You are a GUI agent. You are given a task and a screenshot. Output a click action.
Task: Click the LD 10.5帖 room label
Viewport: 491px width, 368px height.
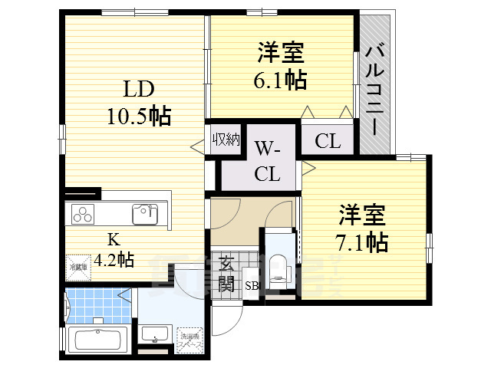coord(138,103)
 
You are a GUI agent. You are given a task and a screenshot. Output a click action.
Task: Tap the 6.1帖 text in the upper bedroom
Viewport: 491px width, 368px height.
coord(280,78)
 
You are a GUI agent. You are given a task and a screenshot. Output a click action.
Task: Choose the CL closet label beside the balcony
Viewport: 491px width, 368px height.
coord(327,141)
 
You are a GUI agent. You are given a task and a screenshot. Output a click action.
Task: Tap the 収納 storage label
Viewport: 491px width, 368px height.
coord(227,140)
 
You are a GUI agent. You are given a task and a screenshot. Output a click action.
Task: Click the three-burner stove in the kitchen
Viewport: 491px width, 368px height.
coord(84,214)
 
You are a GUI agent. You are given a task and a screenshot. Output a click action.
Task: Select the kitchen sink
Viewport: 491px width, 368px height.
coord(144,214)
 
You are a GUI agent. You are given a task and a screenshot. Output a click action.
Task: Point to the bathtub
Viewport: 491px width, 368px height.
coord(97,340)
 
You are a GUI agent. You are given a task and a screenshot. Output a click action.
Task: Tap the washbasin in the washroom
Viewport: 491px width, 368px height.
coord(157,335)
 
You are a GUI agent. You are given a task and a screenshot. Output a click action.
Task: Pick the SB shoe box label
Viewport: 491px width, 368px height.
coord(252,287)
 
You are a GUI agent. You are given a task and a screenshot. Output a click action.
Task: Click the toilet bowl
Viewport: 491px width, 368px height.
coord(279,268)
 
